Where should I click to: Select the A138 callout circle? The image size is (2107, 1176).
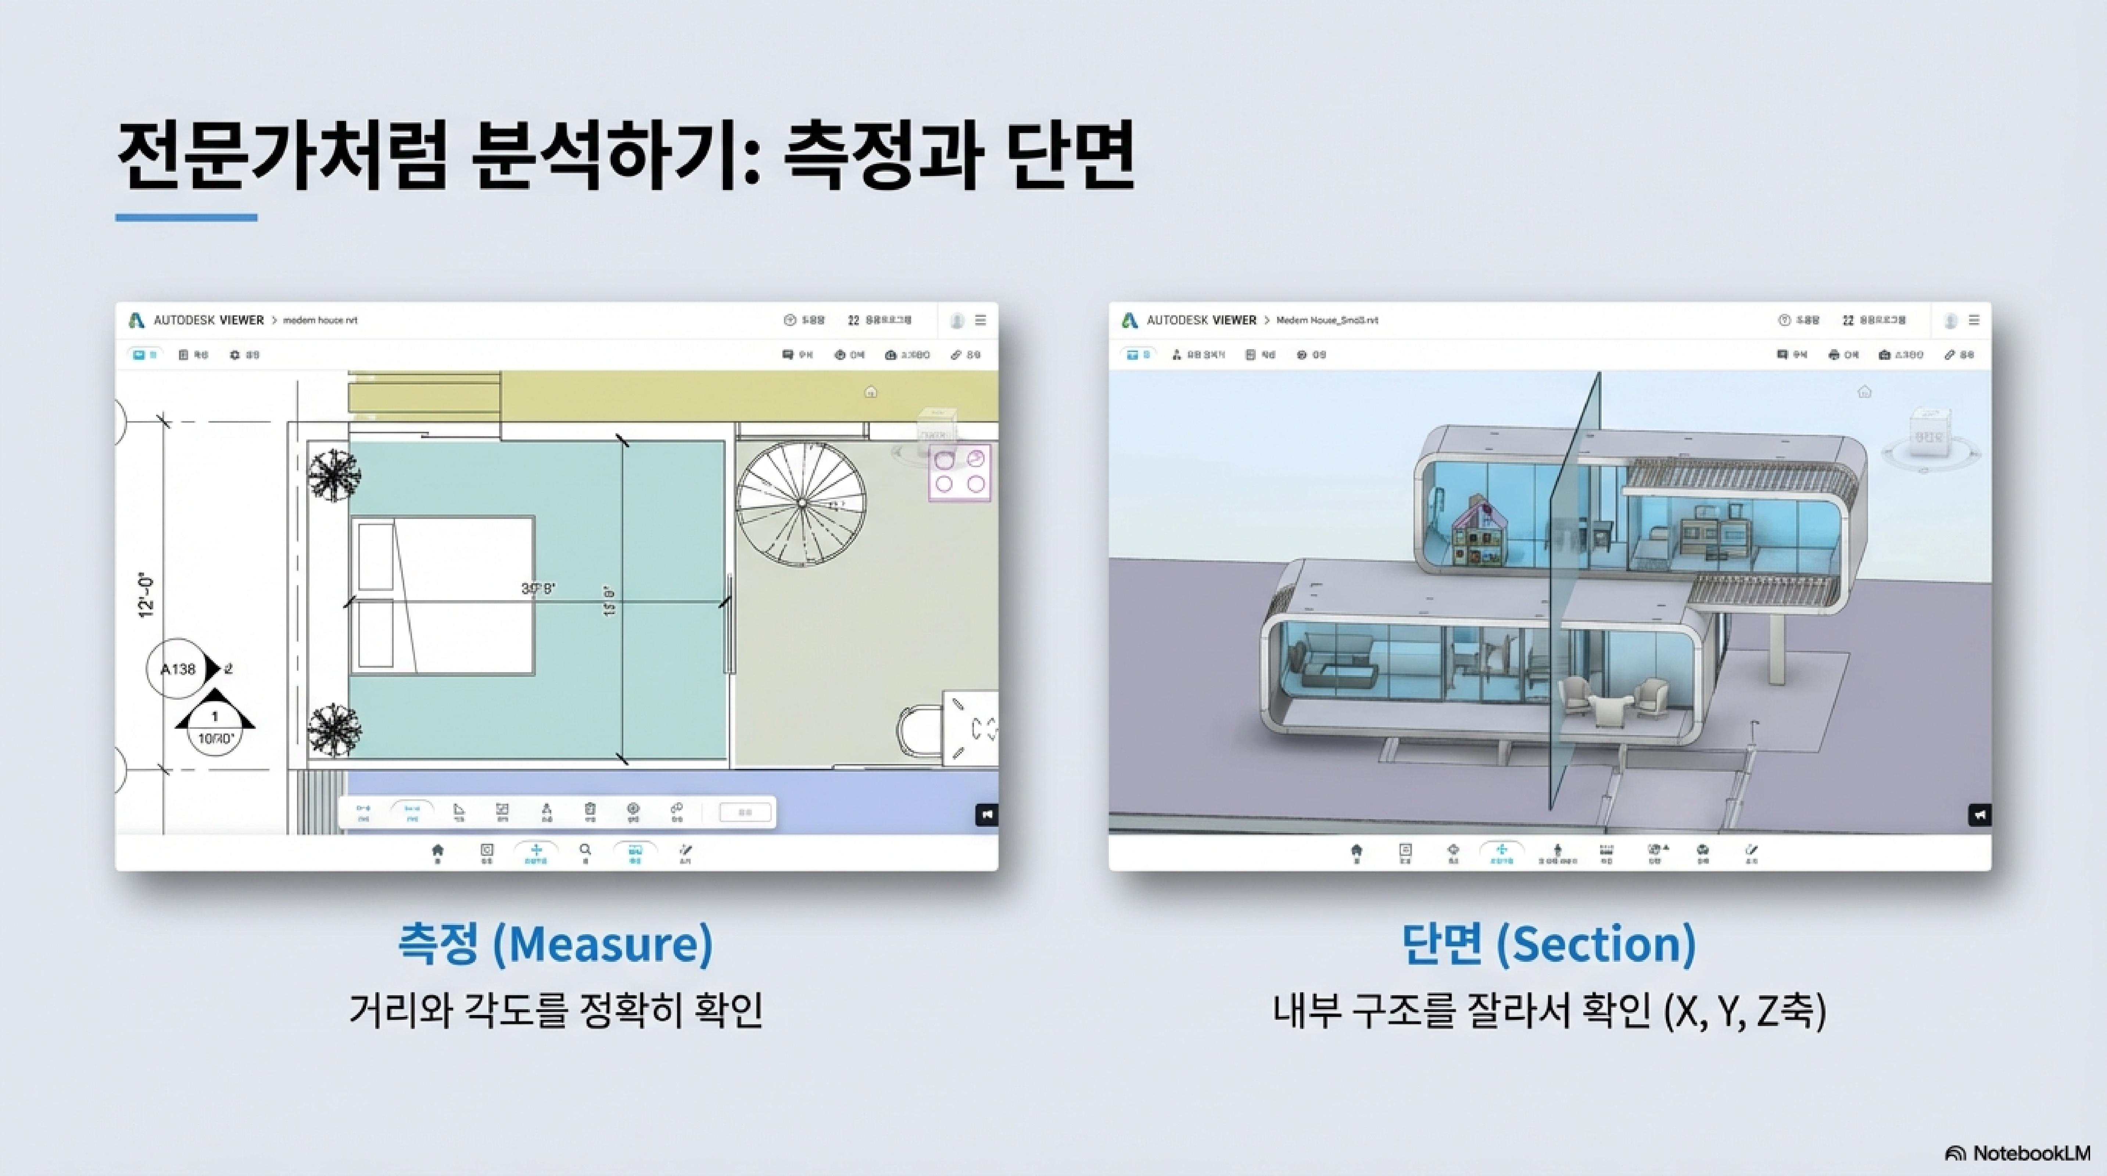point(178,669)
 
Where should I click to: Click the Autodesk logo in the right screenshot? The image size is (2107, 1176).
point(1129,320)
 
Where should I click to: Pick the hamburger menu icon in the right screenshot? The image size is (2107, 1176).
point(1974,320)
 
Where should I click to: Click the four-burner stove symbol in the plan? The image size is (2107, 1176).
point(958,472)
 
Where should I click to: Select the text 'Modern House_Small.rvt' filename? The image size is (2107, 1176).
point(1327,320)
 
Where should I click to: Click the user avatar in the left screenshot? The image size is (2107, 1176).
point(956,320)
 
